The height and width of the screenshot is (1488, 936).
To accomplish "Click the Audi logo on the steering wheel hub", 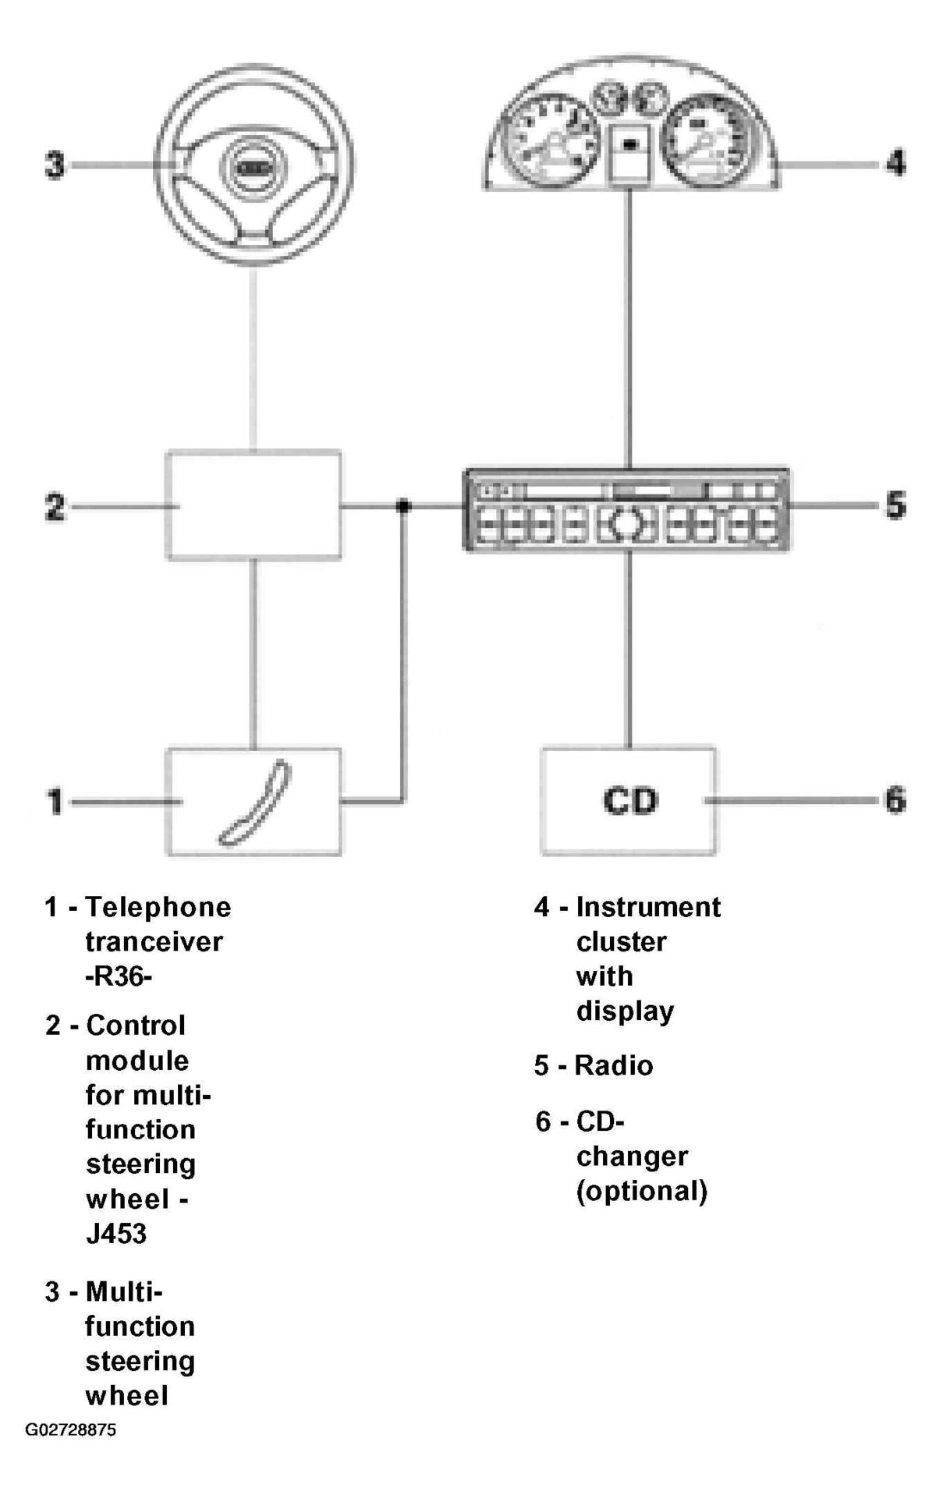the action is [253, 167].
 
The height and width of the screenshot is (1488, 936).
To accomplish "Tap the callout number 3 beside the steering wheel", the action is [55, 165].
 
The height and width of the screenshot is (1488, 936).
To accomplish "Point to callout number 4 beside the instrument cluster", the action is [895, 164].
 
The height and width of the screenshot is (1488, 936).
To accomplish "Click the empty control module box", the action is [253, 505].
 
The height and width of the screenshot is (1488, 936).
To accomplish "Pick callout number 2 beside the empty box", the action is [55, 507].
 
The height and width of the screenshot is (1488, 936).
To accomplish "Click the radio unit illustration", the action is [627, 510].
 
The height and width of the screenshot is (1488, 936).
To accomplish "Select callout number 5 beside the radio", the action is [895, 505].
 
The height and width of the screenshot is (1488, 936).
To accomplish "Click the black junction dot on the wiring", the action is [402, 506].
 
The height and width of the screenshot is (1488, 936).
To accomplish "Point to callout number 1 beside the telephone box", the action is [55, 801].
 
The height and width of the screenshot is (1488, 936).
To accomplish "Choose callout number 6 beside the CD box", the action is [895, 799].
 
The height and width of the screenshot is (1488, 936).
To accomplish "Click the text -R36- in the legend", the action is [119, 976].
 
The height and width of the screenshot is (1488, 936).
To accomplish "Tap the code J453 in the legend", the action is [116, 1234].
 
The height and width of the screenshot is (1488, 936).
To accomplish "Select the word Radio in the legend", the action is [614, 1065].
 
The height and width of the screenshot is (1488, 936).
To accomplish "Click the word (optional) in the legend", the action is [642, 1191].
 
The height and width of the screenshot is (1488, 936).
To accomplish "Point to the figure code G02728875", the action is [71, 1430].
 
